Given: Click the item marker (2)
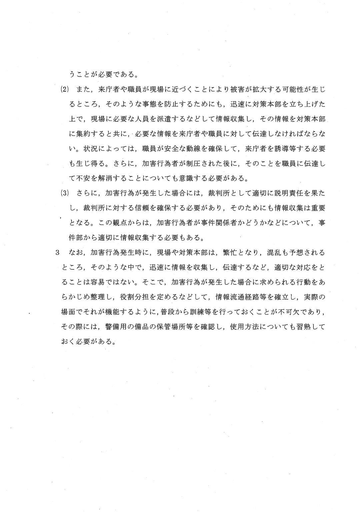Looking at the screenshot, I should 65,89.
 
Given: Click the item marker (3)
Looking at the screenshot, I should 65,193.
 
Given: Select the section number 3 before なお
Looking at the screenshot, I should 57,252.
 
